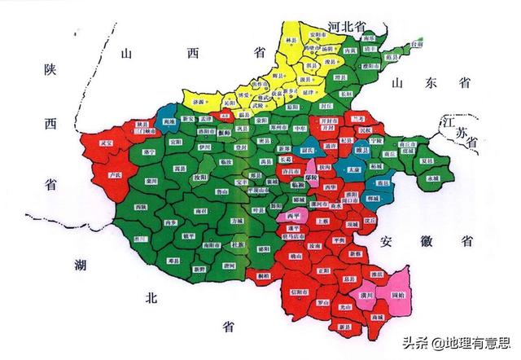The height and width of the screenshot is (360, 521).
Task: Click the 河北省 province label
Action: coord(347,28)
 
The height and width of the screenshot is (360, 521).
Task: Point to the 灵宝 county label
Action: coord(107,143)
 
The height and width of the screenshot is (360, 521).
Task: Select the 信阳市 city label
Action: coord(300,291)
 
